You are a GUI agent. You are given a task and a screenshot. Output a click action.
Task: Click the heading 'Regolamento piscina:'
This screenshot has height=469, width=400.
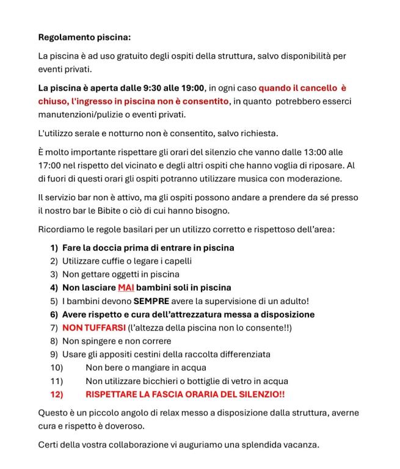point(84,37)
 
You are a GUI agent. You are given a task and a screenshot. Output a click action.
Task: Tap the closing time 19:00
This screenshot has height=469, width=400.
point(192,88)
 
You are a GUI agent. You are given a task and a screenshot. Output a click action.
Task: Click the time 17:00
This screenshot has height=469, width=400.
point(51,165)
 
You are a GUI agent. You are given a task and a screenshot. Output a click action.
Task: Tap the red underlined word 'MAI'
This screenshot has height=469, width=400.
point(126,288)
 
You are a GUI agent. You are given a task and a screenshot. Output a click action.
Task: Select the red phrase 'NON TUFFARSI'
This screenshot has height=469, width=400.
point(89,328)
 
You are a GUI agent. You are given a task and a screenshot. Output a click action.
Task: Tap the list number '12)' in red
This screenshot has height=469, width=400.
point(56,394)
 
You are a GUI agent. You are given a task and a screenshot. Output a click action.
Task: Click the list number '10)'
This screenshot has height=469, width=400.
point(56,368)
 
